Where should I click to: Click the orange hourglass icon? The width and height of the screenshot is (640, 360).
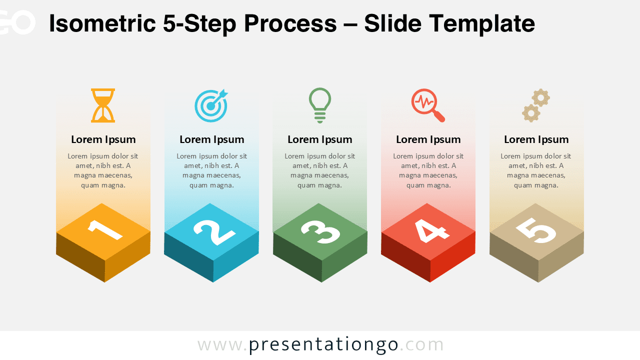(103, 105)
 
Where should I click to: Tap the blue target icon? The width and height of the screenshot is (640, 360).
(211, 105)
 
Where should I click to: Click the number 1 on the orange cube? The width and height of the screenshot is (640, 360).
(104, 229)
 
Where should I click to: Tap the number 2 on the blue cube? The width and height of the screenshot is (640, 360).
(213, 230)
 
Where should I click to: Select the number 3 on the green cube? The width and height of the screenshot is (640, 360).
(320, 230)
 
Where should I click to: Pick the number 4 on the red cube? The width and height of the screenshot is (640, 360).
(428, 230)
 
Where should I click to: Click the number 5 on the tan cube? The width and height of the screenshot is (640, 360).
(536, 230)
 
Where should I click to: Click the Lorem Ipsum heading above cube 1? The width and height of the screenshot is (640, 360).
(103, 139)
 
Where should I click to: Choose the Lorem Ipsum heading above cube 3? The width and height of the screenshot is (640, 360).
(320, 139)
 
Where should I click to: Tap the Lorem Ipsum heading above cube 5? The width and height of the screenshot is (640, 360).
(536, 139)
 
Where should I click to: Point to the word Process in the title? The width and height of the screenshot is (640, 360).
(290, 24)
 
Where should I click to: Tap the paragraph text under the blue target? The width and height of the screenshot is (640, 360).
(211, 170)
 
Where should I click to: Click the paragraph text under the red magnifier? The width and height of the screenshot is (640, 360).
(428, 170)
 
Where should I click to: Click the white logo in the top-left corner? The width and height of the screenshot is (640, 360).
(17, 23)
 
